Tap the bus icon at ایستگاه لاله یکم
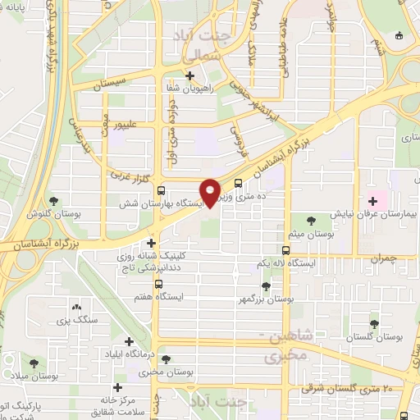coord(285,251)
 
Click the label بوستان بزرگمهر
coord(265,300)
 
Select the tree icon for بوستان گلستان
coord(374,325)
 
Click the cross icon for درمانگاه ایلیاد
coord(129,341)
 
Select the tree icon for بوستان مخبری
coord(167,359)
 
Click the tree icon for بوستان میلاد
coord(34,363)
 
